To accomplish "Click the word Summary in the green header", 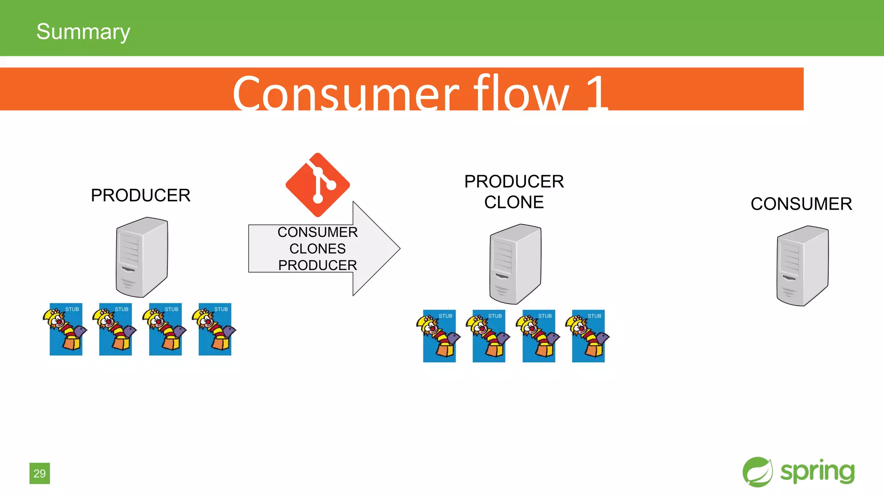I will (x=83, y=31).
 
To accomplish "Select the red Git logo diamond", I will (x=318, y=185).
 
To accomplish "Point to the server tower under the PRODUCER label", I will (x=142, y=257).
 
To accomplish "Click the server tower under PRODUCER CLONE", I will (x=515, y=264).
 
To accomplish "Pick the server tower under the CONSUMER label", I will (x=802, y=266).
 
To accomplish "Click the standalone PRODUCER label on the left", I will (x=140, y=195).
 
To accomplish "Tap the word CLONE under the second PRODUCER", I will (x=514, y=202).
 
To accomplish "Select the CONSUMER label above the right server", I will (x=801, y=204).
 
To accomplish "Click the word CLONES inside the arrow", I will (x=317, y=248).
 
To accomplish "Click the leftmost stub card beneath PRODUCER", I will (x=66, y=329).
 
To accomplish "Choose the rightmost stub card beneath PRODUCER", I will (x=215, y=329).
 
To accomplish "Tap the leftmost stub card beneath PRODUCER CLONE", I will (x=439, y=336).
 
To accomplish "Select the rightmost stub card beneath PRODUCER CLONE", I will (x=588, y=336).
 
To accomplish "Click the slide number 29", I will (x=40, y=473).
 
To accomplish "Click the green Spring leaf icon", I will (x=758, y=472).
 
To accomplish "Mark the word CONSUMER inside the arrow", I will (x=317, y=232).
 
